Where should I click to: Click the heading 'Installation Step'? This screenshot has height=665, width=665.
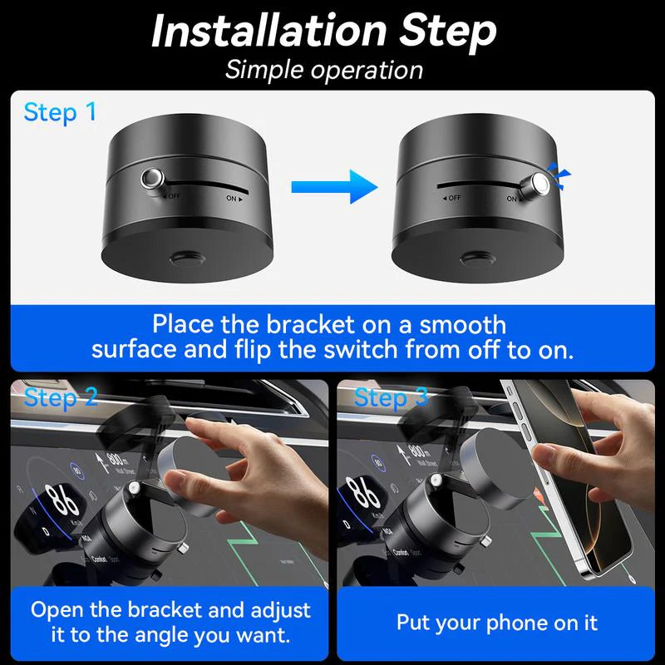tap(323, 31)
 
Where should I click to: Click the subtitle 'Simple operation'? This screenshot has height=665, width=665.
tap(323, 69)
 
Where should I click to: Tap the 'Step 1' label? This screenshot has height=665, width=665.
tap(60, 112)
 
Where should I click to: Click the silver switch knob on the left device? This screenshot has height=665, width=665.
tap(153, 179)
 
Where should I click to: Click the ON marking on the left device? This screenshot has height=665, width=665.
tap(234, 199)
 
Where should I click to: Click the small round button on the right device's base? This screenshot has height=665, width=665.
tap(475, 260)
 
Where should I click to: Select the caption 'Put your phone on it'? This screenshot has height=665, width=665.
tap(496, 622)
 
